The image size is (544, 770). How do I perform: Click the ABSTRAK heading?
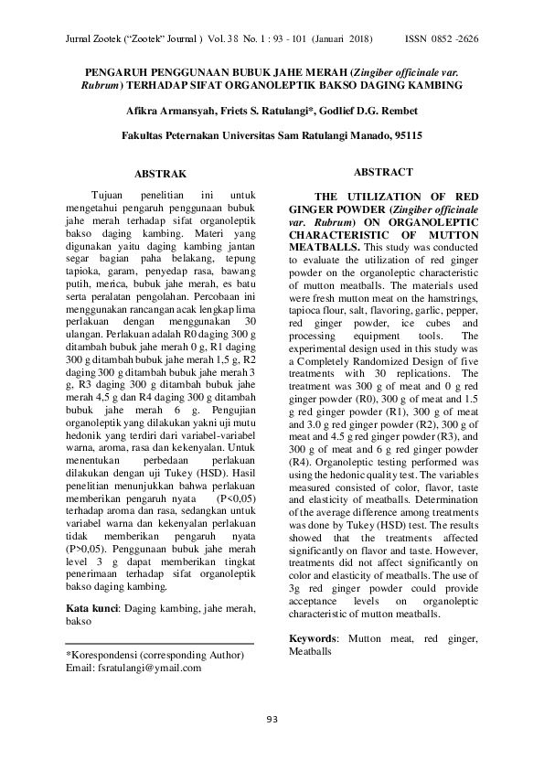point(160,173)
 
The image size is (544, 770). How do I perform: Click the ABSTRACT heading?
point(382,172)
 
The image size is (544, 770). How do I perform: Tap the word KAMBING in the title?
point(438,85)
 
